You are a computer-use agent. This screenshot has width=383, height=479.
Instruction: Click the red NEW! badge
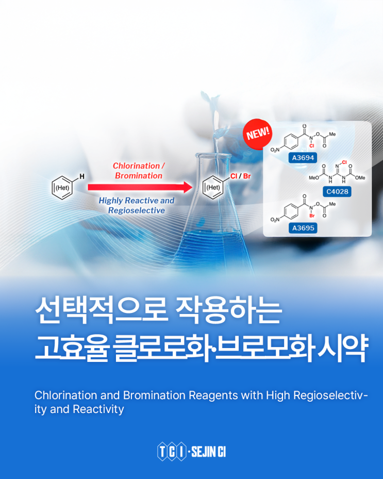point(258,134)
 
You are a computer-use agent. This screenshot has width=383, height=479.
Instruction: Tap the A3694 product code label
point(303,158)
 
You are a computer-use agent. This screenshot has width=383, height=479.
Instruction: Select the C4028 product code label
point(337,191)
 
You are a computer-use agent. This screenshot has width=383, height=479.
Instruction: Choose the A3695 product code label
point(303,228)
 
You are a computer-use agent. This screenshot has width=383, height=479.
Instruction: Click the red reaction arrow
point(140,187)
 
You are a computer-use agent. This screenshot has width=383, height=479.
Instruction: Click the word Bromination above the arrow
point(139,176)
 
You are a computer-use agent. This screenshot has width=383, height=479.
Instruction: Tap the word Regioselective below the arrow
point(137,210)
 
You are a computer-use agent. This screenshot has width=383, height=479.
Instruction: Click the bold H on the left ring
point(82,176)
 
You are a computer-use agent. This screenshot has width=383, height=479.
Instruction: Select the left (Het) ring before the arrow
point(62,188)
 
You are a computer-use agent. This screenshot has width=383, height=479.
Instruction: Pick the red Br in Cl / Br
point(247,176)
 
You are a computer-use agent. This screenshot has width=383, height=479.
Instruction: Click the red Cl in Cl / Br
point(234,176)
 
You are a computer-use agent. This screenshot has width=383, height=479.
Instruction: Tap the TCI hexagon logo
point(172,452)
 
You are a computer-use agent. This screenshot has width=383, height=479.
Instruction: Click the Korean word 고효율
point(72,348)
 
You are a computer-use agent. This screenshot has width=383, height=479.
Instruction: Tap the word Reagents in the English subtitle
point(213,396)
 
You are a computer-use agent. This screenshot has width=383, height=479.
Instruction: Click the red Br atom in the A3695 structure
point(312,216)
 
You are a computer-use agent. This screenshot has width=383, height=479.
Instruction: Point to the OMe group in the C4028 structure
point(360,178)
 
